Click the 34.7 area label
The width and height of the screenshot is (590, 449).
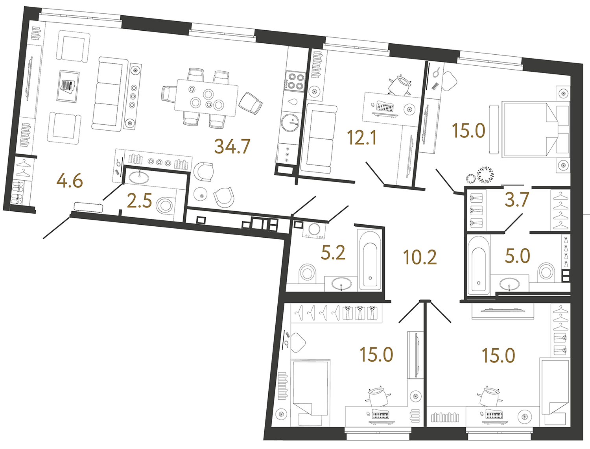coord(232,146)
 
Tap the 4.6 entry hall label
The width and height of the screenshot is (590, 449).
coord(70,181)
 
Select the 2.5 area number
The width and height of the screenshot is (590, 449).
coord(139,201)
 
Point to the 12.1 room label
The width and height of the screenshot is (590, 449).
coord(361,138)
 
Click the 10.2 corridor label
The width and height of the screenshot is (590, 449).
coord(420,257)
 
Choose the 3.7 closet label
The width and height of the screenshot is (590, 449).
coord(516,200)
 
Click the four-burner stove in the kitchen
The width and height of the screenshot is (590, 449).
coord(295,81)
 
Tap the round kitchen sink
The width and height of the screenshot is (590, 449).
coord(291,122)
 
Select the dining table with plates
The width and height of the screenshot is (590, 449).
coord(206,98)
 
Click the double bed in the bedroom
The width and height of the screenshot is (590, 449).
coord(529,129)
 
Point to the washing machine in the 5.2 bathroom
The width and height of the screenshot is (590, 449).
coord(314,230)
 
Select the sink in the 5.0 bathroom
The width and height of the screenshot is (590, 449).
coord(510,283)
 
